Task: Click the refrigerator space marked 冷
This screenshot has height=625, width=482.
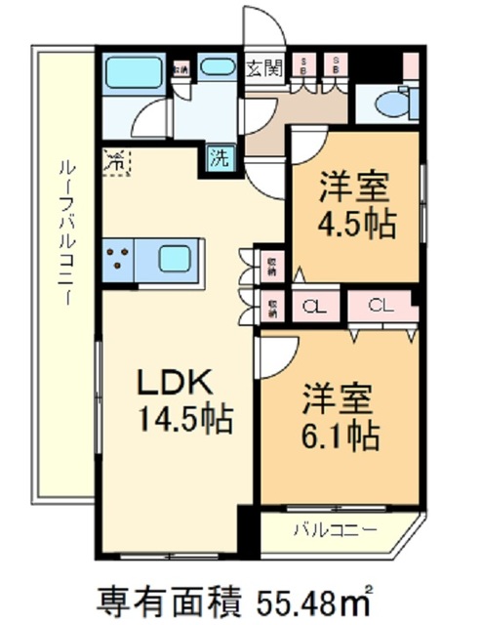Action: click(x=116, y=160)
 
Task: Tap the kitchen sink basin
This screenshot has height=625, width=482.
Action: click(x=178, y=259)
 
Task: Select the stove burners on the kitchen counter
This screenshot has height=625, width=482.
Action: click(x=119, y=259)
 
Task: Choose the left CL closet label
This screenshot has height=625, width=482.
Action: click(x=312, y=307)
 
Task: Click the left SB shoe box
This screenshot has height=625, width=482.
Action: click(x=303, y=66)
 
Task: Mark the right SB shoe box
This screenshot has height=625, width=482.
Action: click(x=336, y=66)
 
